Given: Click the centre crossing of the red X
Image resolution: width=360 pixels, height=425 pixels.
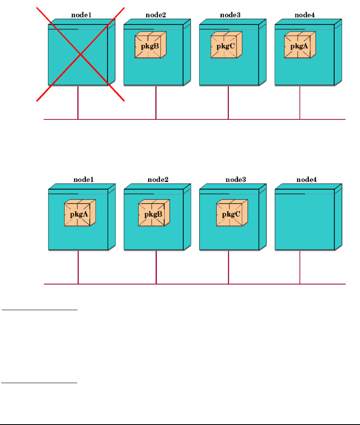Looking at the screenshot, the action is point(80,54).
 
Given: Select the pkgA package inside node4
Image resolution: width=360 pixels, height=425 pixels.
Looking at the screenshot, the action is point(300,45).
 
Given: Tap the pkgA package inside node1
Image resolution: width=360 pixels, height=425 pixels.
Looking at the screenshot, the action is point(80,213).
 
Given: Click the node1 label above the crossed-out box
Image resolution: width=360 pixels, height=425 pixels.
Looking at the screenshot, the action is point(81,15).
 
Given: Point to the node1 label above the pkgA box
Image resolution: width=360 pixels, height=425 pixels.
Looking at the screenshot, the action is point(83,180).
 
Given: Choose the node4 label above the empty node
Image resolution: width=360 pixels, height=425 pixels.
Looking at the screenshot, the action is point(306,180).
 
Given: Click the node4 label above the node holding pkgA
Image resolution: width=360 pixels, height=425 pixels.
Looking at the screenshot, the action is point(305,15).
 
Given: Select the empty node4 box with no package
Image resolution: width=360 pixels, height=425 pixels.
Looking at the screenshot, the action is point(309,217).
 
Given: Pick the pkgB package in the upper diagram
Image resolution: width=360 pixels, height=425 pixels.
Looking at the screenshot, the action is point(151,45).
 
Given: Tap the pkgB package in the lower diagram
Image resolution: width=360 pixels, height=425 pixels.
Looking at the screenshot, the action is point(154,213).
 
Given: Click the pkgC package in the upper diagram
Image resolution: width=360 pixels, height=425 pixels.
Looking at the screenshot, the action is point(226,45).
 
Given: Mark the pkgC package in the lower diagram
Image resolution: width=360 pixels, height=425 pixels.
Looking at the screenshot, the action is point(232,213).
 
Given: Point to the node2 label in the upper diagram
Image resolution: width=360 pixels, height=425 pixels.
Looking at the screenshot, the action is point(156,15).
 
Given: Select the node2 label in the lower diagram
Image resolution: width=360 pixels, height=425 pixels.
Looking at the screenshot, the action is point(158,180).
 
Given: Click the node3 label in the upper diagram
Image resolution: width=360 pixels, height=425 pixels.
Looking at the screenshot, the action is point(231,15).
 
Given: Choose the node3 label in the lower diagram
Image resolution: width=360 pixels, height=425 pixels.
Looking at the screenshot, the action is point(236,180).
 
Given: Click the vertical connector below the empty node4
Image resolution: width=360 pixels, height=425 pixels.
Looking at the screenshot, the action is point(300,267).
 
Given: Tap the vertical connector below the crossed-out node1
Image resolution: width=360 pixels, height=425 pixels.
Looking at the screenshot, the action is point(78,103).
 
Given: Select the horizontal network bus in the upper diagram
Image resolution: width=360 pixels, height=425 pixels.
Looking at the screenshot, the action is point(195,119).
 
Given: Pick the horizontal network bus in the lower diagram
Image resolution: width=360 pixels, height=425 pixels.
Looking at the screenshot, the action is point(195,284).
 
